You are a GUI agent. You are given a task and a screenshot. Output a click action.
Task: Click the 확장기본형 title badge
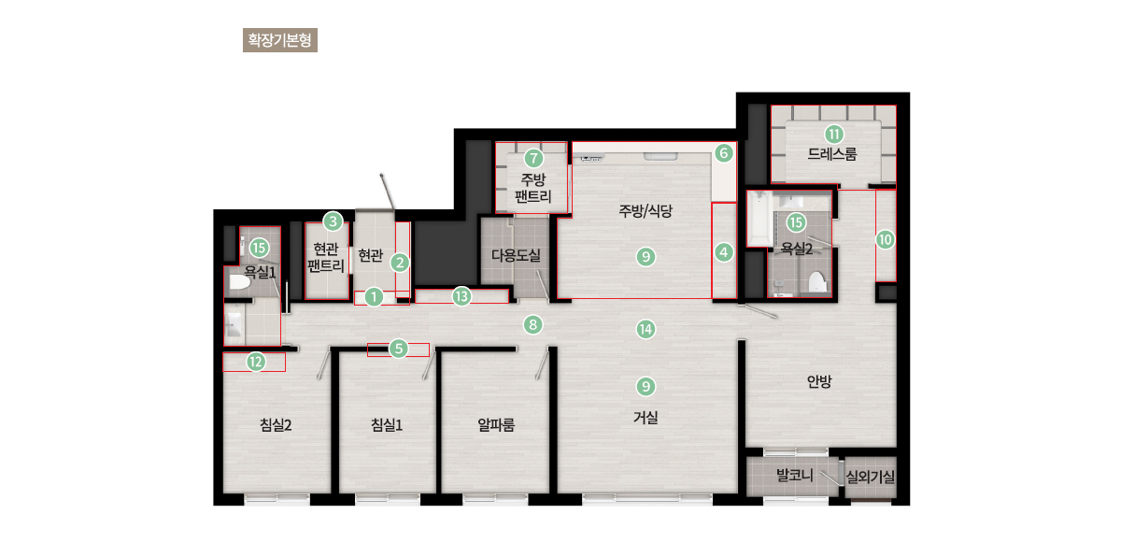click(279, 40)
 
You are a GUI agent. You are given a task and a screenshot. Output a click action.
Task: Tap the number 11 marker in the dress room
click(833, 135)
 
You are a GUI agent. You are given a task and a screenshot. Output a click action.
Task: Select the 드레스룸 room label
click(832, 153)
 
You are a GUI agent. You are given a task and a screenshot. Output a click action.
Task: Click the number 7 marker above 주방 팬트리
click(533, 158)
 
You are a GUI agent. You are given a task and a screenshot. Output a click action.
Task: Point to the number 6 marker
click(724, 153)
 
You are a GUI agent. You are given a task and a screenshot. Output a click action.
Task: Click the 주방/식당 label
click(646, 210)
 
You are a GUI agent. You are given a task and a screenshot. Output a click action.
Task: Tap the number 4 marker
click(724, 252)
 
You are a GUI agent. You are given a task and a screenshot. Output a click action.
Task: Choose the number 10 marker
click(885, 239)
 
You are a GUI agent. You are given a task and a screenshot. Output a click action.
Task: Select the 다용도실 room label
click(516, 255)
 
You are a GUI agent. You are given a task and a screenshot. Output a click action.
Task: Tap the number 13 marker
click(461, 296)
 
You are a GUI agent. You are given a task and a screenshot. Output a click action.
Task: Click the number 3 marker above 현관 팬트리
click(333, 221)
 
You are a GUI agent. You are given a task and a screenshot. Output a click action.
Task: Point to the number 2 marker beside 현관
click(400, 263)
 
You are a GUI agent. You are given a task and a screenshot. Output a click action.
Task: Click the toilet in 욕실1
click(239, 282)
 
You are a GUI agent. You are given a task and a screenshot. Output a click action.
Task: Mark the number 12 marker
click(256, 362)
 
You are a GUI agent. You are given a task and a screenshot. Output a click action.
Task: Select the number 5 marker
click(398, 349)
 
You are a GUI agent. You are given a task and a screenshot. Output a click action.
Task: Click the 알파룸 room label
click(496, 425)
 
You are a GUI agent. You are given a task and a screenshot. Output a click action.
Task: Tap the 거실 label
click(646, 417)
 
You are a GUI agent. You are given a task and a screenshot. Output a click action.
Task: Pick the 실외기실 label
click(871, 477)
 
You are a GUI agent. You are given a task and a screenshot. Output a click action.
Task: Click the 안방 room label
click(819, 381)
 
